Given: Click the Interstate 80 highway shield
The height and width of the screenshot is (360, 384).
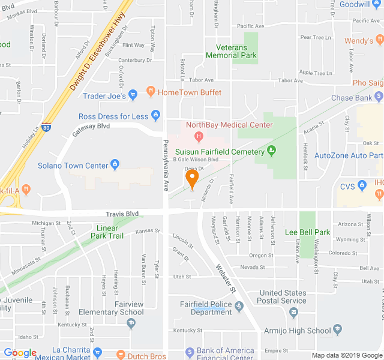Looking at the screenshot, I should point(47,127).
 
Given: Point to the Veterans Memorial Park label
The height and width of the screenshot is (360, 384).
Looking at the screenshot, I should point(231,52).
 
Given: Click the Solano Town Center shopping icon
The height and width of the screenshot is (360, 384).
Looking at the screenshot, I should point(115,165).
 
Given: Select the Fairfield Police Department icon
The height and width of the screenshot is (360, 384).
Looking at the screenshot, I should point(239,307).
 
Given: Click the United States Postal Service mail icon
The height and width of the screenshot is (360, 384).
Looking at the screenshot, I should point(293,312).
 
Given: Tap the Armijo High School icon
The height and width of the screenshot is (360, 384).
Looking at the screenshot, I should point(337,329).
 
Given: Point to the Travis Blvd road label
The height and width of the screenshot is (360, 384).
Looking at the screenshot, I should point(122,214).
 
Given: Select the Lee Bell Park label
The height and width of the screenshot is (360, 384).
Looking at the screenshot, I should point(307,232).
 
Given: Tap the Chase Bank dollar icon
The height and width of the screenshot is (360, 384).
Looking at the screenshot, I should point(378,97).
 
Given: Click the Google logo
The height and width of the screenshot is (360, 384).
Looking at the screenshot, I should point(20,353).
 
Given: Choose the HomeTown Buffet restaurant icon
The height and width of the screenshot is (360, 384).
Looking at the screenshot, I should point(149,92).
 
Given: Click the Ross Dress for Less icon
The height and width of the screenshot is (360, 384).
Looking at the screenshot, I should point(155,115).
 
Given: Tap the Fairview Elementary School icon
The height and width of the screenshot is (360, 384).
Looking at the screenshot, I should point(131,323).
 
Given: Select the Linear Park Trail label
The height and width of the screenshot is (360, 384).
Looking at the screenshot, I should point(110,232).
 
